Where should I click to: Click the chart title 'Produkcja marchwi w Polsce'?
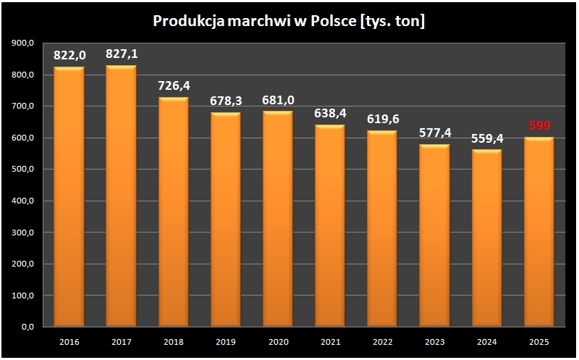tap(289, 22)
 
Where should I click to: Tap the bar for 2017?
tap(121, 196)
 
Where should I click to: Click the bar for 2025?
tap(538, 232)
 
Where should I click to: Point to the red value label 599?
tap(539, 126)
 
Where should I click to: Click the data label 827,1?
tap(121, 54)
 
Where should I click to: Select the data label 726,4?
tap(174, 85)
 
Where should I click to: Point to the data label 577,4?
tap(434, 133)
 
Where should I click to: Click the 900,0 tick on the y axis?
tap(23, 43)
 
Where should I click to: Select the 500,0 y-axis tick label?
tap(23, 169)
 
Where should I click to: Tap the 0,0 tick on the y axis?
tap(28, 327)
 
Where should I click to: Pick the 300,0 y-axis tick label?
tap(23, 233)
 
